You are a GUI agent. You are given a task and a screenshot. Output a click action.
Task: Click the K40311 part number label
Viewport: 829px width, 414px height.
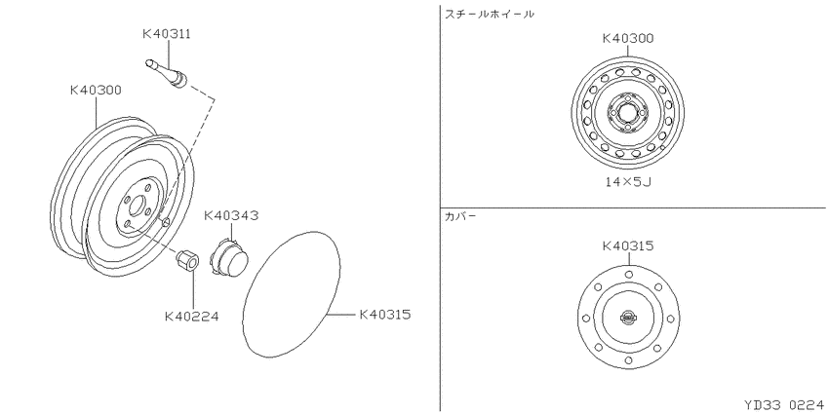(167, 34)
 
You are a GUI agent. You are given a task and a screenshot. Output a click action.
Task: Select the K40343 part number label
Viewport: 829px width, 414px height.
(231, 215)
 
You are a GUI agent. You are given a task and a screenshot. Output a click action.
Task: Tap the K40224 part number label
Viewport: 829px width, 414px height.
(191, 317)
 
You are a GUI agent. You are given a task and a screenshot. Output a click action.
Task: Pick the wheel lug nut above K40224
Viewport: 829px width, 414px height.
(187, 260)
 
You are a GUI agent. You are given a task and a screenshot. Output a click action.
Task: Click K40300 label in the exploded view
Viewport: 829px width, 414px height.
(97, 91)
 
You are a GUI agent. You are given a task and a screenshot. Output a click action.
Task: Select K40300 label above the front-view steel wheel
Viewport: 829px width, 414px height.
(628, 39)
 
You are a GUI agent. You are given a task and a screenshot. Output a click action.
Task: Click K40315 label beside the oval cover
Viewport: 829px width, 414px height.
(385, 315)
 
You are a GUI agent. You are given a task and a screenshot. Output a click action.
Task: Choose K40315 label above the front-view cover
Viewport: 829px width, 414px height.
(628, 246)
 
